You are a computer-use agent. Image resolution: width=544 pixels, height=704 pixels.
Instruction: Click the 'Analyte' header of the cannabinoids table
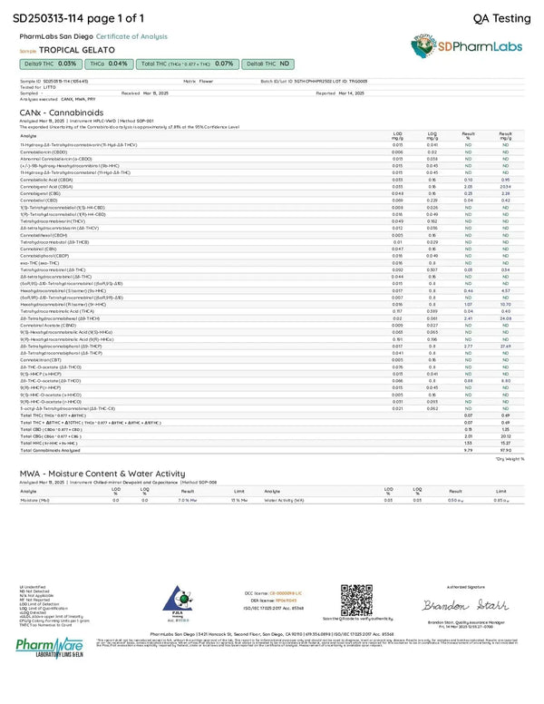pos(28,134)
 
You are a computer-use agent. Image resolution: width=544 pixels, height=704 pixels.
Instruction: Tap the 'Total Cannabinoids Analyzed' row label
pos(47,448)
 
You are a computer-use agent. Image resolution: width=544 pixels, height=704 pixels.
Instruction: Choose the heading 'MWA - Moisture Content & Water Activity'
pos(110,474)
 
